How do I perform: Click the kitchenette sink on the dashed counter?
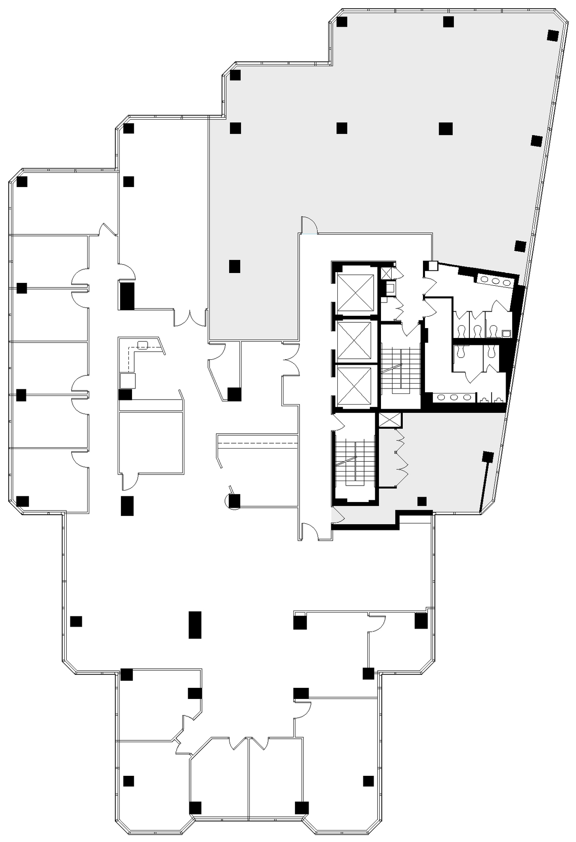[x=142, y=345]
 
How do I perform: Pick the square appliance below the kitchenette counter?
[x=128, y=381]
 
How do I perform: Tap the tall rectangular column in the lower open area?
[x=195, y=625]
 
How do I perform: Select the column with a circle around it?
[x=234, y=501]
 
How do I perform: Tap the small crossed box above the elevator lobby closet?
[x=386, y=273]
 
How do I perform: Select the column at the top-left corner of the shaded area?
[x=235, y=75]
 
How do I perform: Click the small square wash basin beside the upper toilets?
[x=506, y=333]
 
